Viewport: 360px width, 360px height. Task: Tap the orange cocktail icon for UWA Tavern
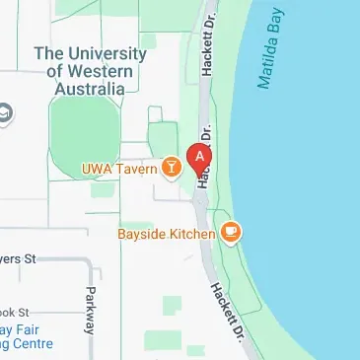[172, 170]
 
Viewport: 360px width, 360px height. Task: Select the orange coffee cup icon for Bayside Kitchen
[232, 233]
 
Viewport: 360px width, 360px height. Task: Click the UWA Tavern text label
[119, 170]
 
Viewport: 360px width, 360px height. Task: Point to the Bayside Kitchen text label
[166, 234]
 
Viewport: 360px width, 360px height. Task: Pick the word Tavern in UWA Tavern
[138, 170]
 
